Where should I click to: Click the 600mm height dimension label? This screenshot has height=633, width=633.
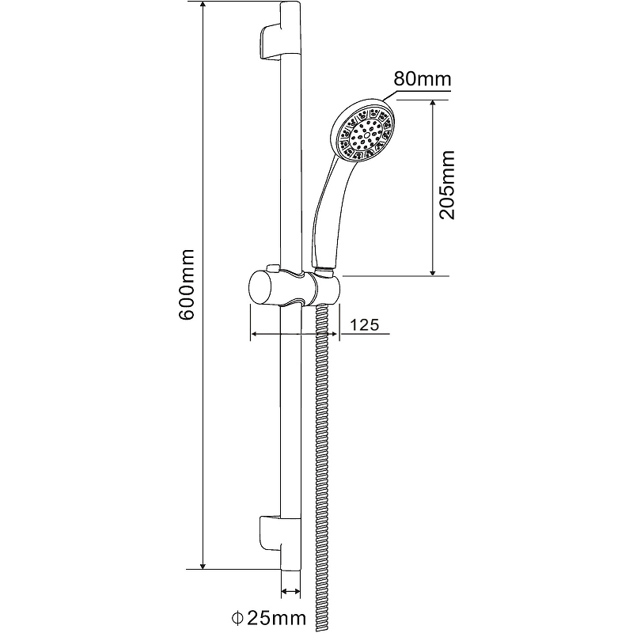tap(187, 285)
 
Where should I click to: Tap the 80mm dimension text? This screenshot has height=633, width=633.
tap(421, 79)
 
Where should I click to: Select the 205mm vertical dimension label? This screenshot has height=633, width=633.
tap(448, 186)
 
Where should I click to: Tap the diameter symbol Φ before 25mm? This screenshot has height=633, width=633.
tap(236, 616)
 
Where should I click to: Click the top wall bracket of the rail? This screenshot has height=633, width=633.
tap(271, 40)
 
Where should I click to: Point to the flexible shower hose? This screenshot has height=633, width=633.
tap(322, 459)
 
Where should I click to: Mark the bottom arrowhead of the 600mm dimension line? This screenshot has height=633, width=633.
tap(204, 563)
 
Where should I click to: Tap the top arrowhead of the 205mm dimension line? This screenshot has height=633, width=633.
tap(433, 104)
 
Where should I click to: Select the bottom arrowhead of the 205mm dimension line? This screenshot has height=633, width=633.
tap(433, 271)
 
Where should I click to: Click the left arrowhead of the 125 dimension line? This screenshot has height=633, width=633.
tap(254, 335)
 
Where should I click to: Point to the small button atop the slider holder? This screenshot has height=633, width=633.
tap(273, 267)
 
